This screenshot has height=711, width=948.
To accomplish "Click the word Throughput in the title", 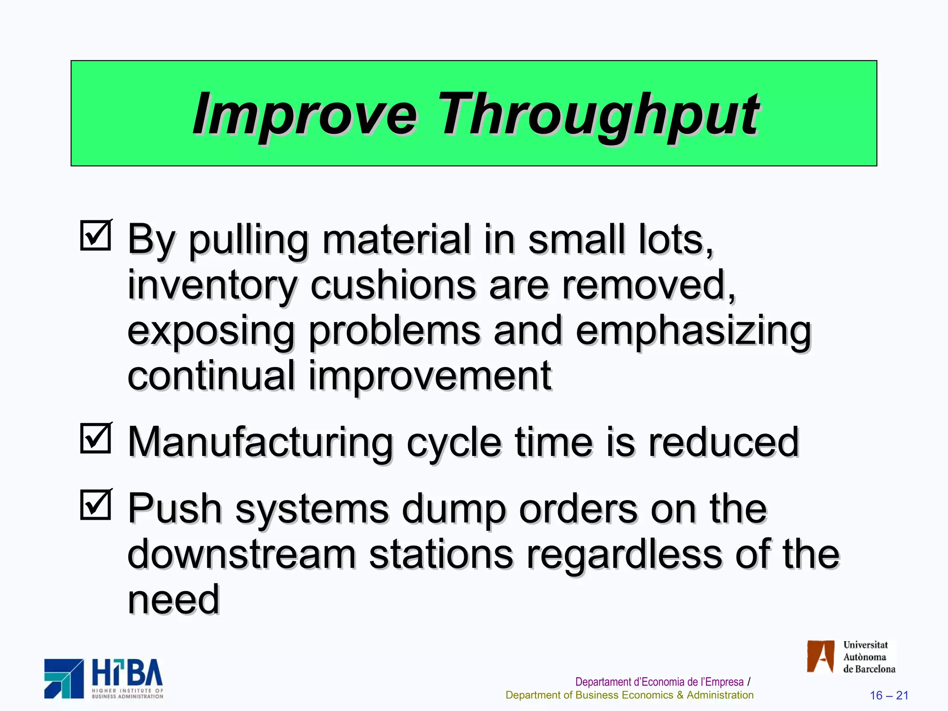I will [x=598, y=114].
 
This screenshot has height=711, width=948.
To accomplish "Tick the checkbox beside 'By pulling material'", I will [x=96, y=235].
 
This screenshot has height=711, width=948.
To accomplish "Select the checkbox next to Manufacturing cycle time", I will [x=96, y=438].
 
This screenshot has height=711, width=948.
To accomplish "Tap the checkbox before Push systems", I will [x=96, y=505].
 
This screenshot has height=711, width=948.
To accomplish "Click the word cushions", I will [x=393, y=285].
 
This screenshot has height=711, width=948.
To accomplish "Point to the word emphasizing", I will [x=693, y=331].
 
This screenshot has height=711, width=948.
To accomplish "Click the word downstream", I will [x=242, y=554].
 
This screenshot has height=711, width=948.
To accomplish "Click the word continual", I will [x=211, y=375].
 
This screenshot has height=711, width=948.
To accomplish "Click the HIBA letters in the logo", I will [x=127, y=673].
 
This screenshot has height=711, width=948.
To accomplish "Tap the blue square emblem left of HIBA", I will [x=64, y=679].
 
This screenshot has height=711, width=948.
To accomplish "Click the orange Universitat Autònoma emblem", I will [x=820, y=656].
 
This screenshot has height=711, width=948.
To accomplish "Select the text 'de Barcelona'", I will [x=869, y=669].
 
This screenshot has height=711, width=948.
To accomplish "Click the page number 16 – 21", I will [x=889, y=695].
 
